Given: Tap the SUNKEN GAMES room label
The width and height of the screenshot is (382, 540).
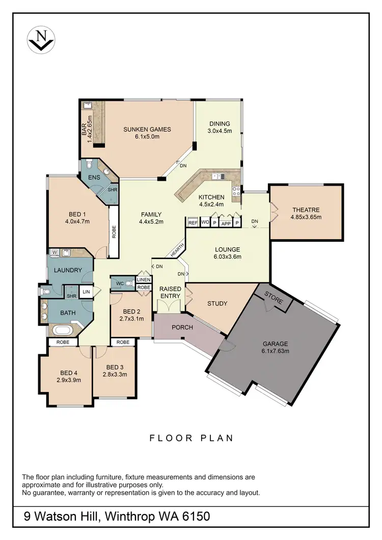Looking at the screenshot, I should pos(147,129).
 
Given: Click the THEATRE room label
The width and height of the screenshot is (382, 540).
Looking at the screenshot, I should pos(306,210).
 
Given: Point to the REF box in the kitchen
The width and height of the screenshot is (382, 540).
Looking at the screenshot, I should pos(193,222).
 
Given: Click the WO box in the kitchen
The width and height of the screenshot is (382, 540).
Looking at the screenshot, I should pos(205,222).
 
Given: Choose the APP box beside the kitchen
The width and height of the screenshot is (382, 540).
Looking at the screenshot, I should pos(226,222).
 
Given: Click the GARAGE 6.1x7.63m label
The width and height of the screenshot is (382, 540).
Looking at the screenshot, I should pos(276,347).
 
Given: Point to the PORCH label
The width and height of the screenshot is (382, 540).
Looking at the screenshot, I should pos(182,327).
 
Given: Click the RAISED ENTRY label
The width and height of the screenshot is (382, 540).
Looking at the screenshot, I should pos(170,292).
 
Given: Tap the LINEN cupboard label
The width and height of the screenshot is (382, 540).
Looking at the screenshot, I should pos(144,280).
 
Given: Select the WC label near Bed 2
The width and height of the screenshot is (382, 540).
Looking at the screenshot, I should pos(120,283).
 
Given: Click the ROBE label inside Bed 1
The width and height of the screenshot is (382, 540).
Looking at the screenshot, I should pos(114,232).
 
